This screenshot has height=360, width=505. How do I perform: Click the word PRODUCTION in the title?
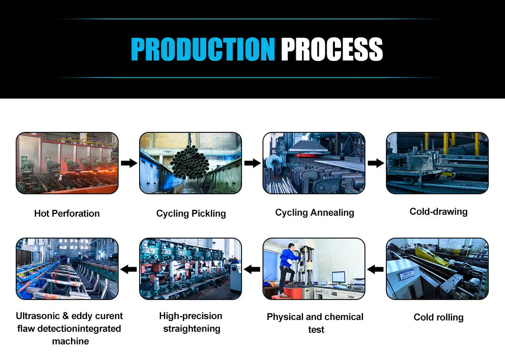202,49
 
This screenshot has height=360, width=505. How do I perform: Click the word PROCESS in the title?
332,49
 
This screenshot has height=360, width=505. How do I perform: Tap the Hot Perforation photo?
67,163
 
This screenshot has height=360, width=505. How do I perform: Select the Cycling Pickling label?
191,214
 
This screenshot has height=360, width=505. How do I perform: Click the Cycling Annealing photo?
314,163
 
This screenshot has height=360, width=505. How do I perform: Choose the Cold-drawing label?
438,211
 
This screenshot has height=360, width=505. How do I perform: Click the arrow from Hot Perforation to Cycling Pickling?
129,163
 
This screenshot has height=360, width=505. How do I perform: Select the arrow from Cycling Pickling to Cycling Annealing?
252,163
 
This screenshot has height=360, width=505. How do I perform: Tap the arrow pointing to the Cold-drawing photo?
376,163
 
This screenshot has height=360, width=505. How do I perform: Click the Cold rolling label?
438,317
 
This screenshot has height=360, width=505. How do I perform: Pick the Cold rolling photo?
437,269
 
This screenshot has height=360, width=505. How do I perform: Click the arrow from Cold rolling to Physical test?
376,270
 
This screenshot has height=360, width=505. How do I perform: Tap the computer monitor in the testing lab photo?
338,277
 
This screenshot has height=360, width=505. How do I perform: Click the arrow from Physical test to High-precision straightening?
252,270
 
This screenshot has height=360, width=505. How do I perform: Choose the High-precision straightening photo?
190,269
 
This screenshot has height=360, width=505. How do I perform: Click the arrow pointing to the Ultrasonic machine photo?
129,270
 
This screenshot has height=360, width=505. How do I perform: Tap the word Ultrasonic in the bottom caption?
38,316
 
